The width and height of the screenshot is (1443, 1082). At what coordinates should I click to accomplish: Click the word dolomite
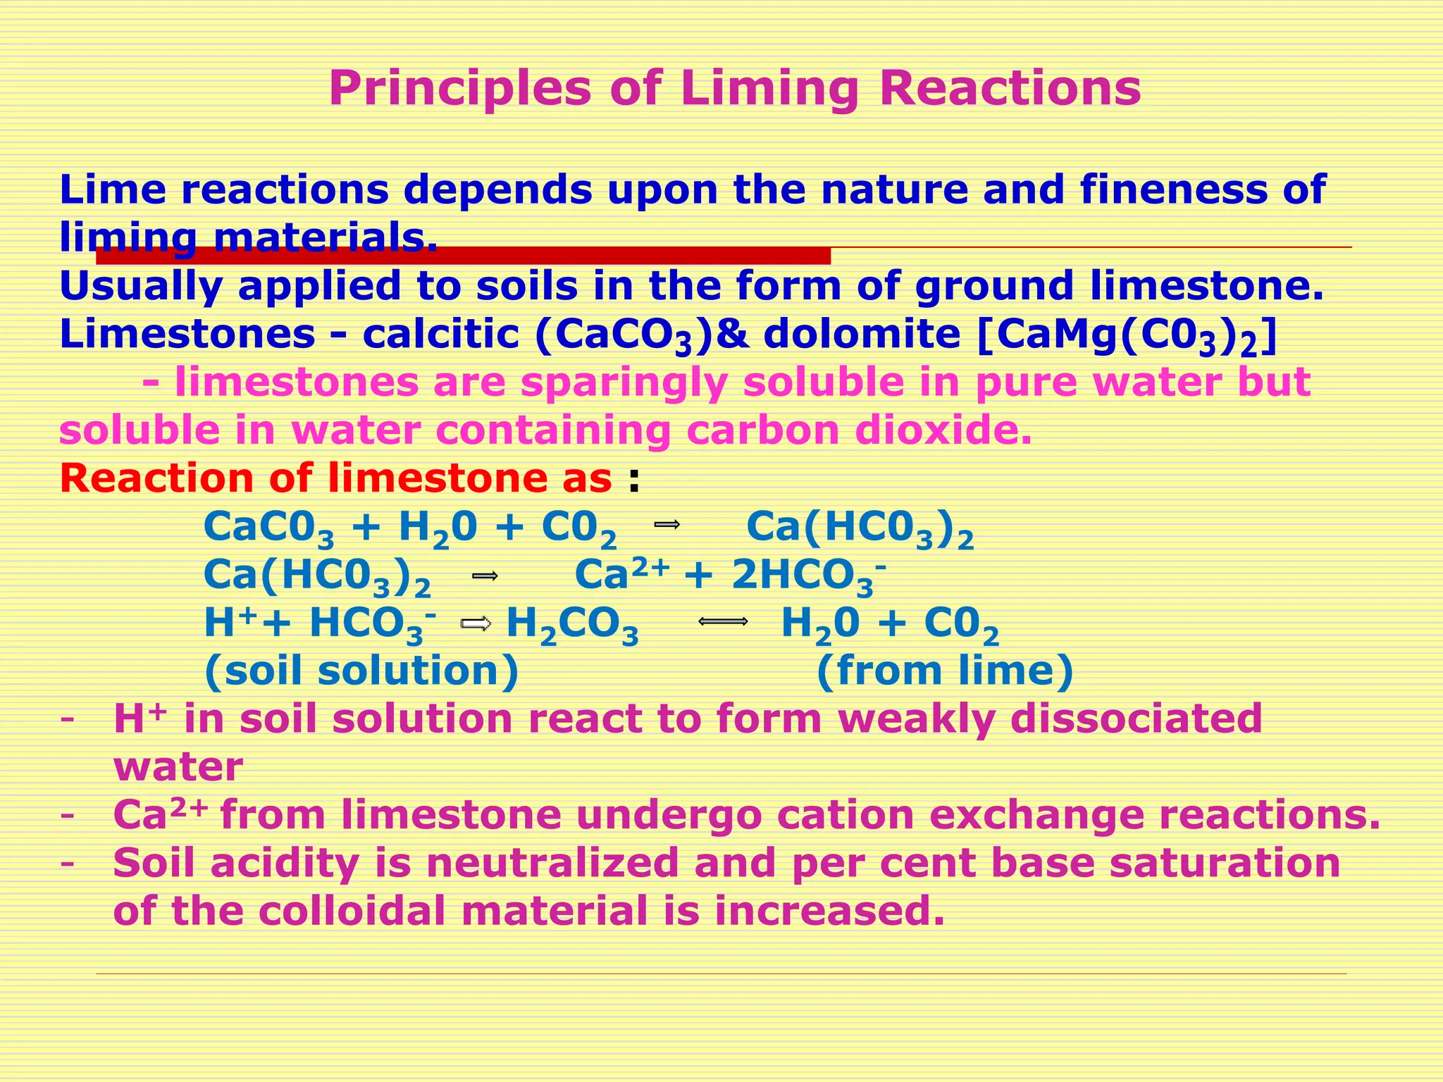(x=862, y=334)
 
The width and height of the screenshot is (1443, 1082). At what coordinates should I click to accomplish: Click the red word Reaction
(x=155, y=478)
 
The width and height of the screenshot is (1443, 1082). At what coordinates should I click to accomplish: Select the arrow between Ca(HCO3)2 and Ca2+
(x=485, y=576)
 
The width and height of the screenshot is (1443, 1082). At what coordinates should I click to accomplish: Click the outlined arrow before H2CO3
(x=476, y=623)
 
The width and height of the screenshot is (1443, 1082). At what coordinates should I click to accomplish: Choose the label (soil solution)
(x=361, y=671)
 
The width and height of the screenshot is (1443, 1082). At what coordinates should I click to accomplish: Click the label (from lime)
(x=945, y=671)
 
